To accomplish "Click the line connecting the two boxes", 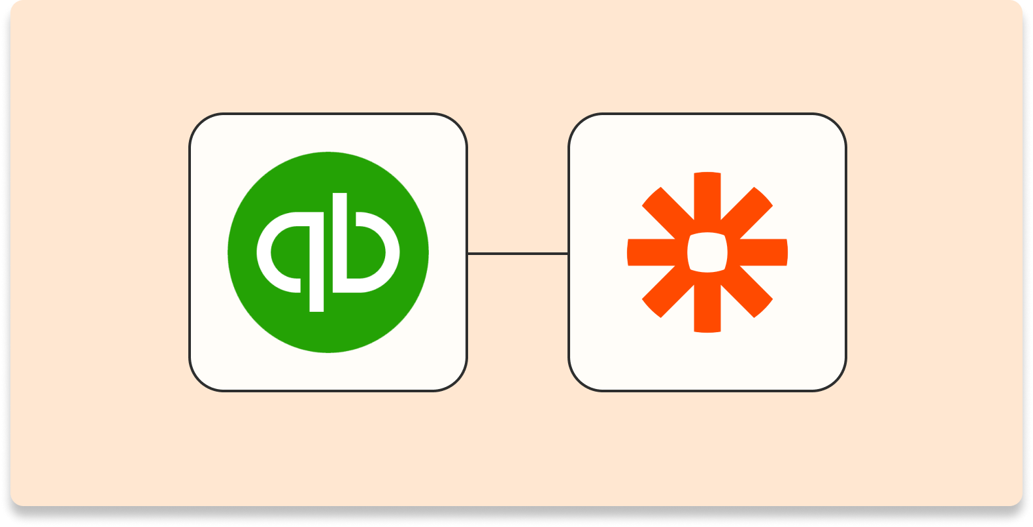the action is tap(517, 253).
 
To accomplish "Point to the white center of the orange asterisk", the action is tap(707, 252).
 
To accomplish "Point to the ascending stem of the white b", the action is tap(340, 216).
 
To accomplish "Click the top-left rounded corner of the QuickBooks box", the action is tap(200, 124).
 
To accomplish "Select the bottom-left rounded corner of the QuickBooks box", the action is tap(200, 381).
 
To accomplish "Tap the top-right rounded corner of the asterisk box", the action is tap(836, 124).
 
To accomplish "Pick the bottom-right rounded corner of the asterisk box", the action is tap(836, 381).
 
